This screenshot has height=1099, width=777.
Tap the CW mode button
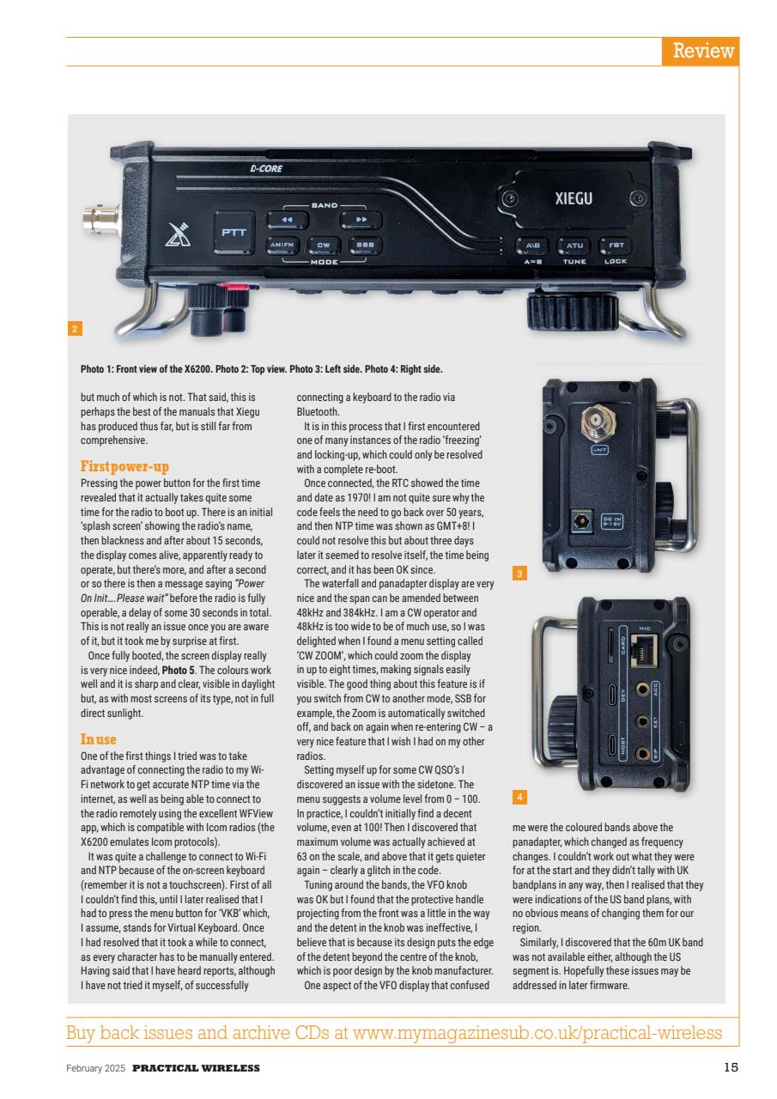323,246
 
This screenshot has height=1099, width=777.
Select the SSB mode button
363,246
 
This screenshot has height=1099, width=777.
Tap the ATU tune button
574,246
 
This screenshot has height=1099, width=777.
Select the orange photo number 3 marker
519,571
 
